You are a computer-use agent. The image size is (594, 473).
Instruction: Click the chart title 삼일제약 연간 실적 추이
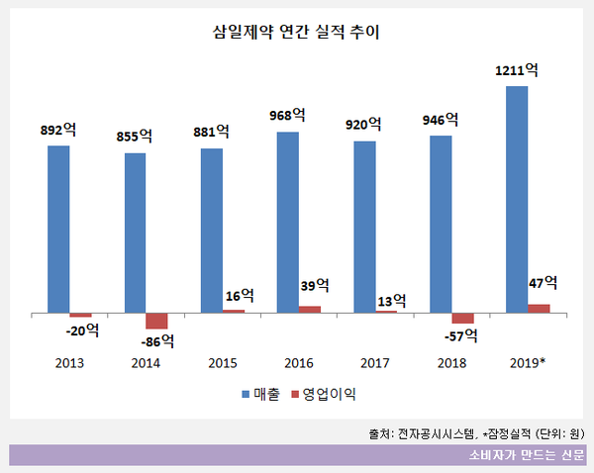point(296,33)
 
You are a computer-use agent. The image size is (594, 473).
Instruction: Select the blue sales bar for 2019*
point(516,198)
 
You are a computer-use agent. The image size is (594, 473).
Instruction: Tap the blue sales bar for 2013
point(58,229)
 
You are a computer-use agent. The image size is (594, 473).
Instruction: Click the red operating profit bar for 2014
point(156,321)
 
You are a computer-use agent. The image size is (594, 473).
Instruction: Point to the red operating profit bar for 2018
point(462,318)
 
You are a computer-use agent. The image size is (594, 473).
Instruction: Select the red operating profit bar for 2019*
point(539,308)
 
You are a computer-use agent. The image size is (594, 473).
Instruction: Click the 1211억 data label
point(517,71)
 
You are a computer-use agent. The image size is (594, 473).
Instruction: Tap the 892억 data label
point(59,131)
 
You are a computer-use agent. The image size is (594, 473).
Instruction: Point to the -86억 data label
point(155,341)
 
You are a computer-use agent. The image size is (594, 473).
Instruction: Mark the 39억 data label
point(315,286)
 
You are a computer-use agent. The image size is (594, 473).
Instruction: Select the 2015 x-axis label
point(223,363)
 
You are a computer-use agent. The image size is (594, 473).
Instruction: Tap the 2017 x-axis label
point(376,363)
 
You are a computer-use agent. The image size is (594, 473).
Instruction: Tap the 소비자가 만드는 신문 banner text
point(527,455)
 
